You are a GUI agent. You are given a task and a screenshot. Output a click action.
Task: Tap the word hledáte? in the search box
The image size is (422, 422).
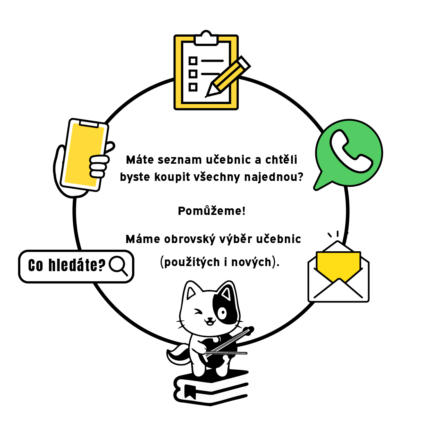tap(77, 265)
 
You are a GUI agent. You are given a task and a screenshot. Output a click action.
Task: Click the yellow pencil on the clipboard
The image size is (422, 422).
tap(228, 77)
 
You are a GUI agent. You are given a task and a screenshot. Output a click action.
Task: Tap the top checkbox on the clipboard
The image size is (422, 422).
tap(193, 61)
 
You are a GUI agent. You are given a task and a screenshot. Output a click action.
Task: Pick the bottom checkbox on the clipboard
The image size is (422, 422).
tap(193, 87)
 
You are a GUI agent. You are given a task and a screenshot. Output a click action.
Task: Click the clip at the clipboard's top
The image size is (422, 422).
tap(206, 38)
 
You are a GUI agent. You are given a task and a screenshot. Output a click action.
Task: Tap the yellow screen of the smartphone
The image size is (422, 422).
tap(84, 155)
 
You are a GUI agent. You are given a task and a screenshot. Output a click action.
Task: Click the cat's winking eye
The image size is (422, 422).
tap(198, 312)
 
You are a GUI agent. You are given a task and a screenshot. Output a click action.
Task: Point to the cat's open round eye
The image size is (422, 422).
tap(222, 313)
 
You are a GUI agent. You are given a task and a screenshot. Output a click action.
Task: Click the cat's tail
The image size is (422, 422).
tap(178, 354)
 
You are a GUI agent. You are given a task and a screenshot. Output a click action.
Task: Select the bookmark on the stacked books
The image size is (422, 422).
tap(190, 392)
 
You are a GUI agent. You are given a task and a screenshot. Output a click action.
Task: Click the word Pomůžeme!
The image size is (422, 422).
tap(212, 211)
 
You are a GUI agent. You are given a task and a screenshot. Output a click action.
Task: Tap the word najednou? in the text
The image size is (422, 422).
tap(274, 177)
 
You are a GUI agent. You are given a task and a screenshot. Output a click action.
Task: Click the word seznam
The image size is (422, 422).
tap(179, 160)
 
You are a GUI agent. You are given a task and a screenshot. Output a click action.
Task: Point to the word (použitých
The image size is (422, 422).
tap(190, 262)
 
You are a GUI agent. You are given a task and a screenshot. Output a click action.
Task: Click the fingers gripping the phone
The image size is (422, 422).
tap(99, 166)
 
